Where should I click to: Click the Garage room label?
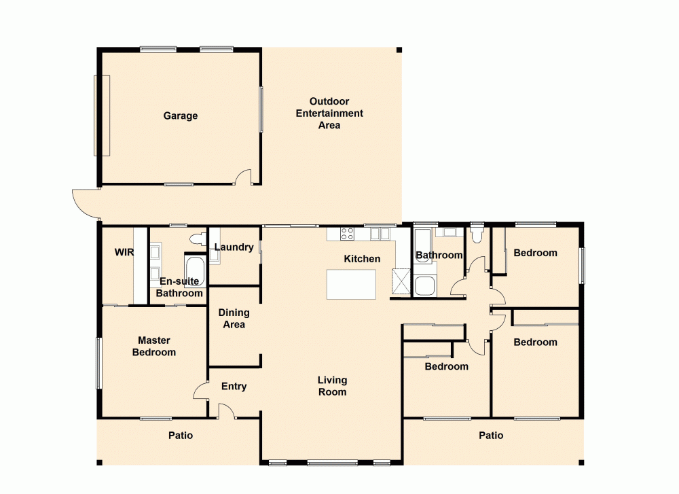180,116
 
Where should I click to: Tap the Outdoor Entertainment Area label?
329,113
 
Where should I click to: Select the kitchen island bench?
351,284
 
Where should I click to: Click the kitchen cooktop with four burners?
347,234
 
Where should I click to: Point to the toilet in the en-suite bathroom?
198,239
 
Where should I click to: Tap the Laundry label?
234,247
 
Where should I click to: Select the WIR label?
124,252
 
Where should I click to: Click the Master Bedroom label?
154,346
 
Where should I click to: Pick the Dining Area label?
234,319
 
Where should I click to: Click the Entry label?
234,387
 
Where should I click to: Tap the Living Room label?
332,386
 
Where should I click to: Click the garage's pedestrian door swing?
243,178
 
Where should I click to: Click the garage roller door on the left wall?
101,116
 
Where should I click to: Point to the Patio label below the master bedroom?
181,436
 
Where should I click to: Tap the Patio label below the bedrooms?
490,436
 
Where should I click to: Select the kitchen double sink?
380,234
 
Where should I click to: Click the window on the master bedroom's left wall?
99,364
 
